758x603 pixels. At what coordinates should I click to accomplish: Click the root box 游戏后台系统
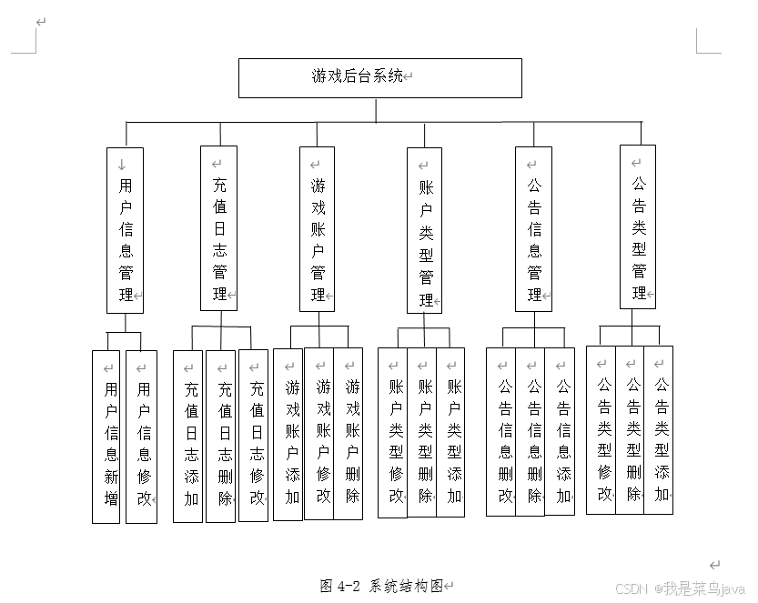[379, 77]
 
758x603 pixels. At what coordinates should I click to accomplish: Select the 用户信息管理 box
[125, 230]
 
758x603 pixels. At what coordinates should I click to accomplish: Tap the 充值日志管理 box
[218, 228]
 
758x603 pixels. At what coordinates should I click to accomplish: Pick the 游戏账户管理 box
[318, 229]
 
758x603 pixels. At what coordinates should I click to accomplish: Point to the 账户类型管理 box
[424, 231]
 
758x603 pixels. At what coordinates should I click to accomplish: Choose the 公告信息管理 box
[533, 229]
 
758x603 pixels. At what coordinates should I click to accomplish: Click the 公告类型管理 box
[638, 227]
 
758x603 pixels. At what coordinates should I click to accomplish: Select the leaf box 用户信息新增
[106, 437]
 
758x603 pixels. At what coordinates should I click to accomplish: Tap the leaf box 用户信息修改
[141, 437]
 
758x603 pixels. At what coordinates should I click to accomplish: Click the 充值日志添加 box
[188, 437]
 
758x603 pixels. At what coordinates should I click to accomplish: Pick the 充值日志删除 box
[221, 437]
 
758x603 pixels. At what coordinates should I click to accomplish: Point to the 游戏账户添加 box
[288, 435]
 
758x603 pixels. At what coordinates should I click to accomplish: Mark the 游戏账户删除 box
[349, 434]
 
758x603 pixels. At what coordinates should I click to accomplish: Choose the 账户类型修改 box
[393, 433]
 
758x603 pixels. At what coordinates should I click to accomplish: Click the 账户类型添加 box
[451, 433]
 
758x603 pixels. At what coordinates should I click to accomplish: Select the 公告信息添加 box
[561, 431]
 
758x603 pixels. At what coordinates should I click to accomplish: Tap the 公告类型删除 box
[631, 430]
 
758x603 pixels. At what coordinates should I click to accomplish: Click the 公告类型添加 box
[659, 430]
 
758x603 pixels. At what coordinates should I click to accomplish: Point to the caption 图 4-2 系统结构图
[386, 586]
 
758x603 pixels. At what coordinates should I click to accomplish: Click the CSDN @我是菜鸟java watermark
[680, 589]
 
